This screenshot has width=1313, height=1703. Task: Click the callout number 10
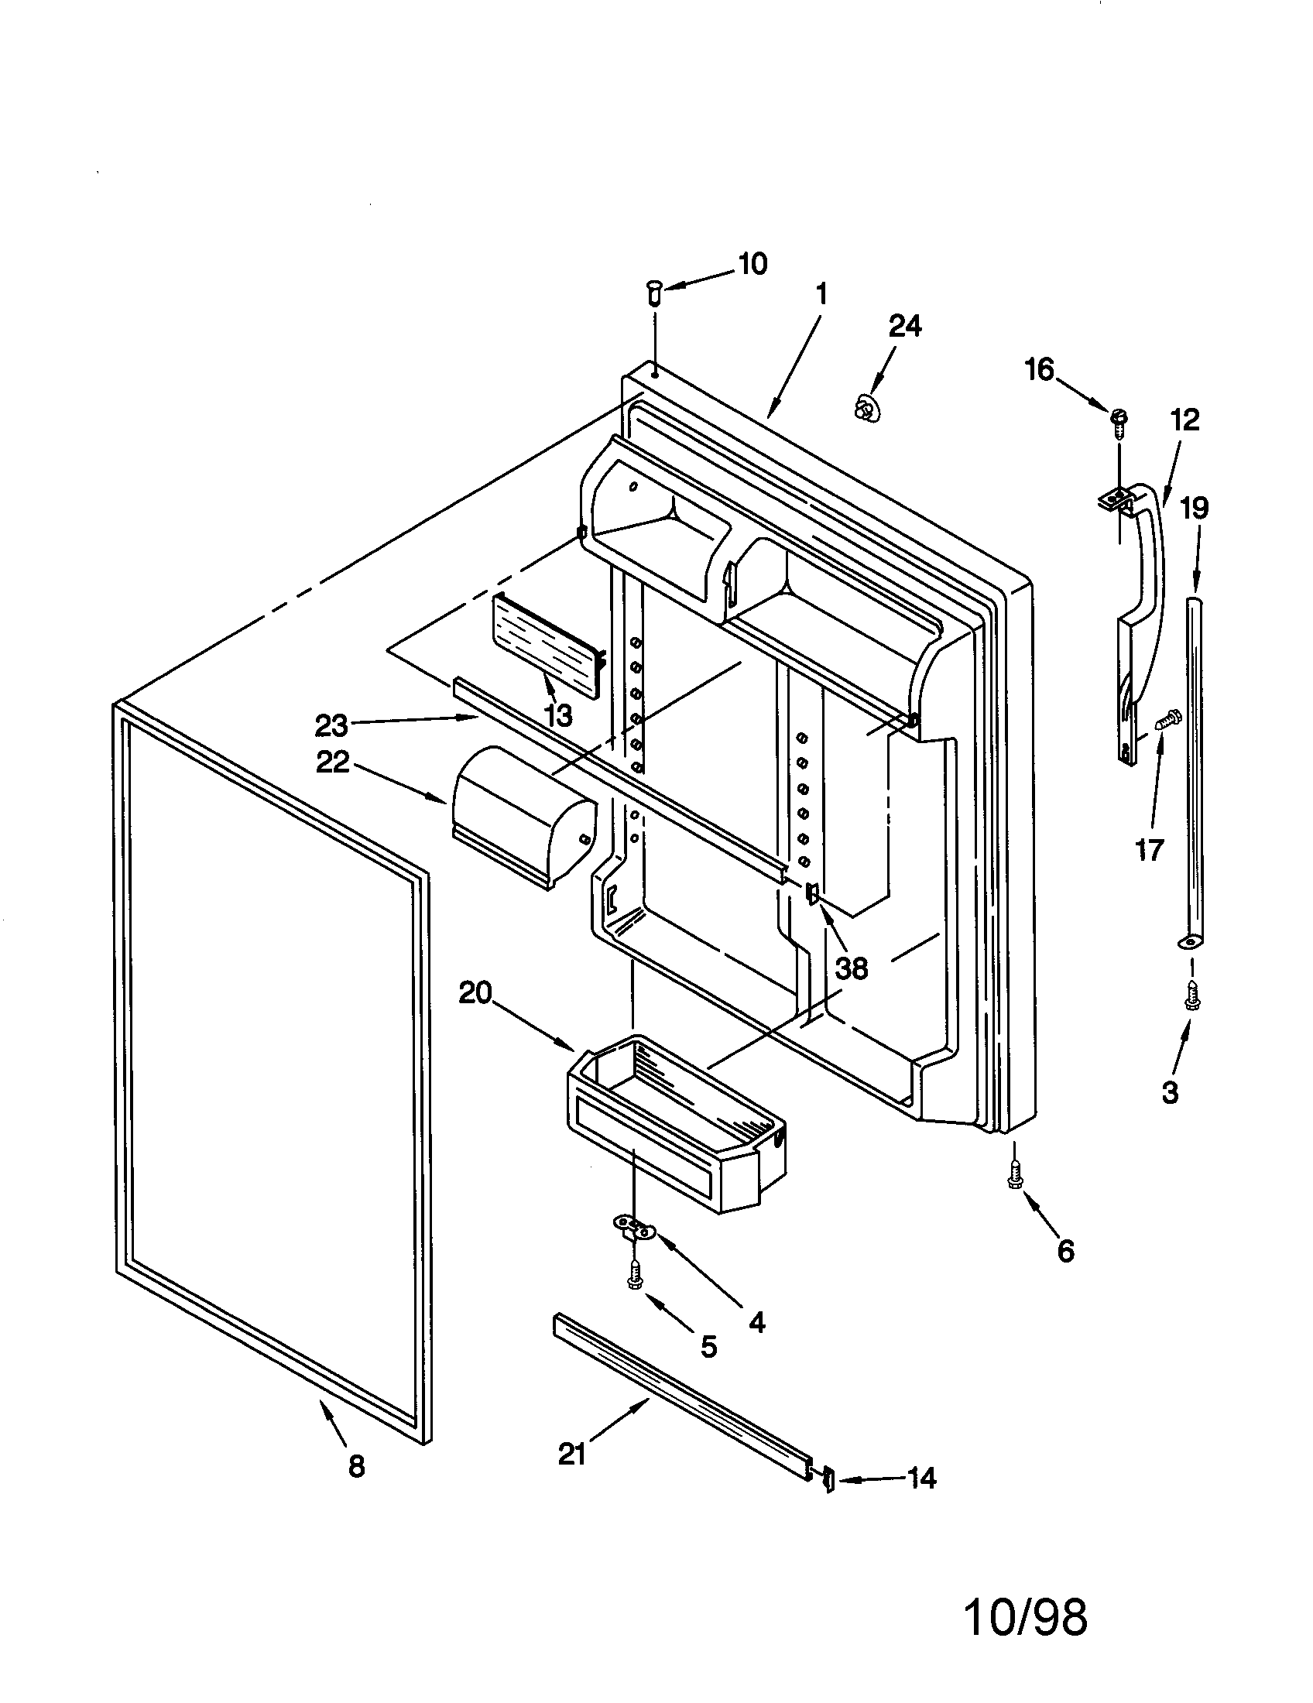pos(752,264)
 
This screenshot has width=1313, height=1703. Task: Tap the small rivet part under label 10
pos(653,295)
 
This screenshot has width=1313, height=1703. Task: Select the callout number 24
pos(904,325)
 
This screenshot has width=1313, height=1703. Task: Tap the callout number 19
pos(1194,508)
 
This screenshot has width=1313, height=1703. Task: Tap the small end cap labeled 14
pos(828,1479)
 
